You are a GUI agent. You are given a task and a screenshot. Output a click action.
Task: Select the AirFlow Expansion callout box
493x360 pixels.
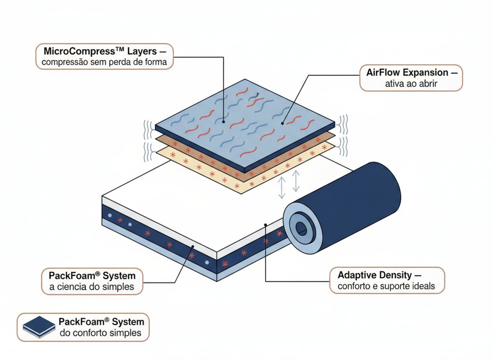411,78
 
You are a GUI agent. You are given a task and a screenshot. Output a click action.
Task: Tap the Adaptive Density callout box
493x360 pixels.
387,280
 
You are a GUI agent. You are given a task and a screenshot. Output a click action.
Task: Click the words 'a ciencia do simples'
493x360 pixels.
92,287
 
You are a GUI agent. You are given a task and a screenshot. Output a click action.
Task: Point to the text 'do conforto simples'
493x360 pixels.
101,333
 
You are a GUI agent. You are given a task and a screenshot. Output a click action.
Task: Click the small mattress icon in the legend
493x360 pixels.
39,327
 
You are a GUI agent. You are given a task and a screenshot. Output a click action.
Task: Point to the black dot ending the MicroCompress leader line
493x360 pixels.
223,121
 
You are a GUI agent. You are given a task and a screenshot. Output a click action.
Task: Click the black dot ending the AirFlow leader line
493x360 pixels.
283,122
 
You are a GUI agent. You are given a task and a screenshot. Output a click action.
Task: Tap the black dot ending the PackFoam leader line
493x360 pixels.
193,246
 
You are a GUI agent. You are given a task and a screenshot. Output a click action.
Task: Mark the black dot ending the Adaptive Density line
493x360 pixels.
266,225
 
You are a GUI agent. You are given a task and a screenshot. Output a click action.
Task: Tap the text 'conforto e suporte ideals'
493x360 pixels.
386,286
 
